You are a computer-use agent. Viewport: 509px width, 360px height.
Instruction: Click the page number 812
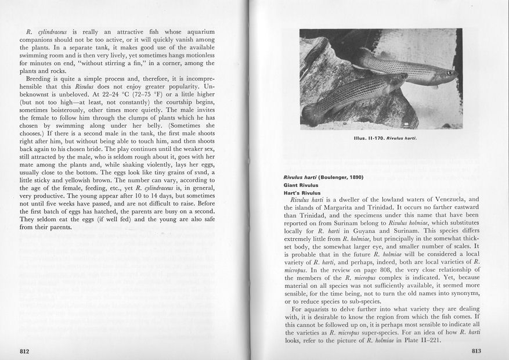(24, 351)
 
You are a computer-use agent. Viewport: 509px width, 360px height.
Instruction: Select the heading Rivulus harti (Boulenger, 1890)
(323, 177)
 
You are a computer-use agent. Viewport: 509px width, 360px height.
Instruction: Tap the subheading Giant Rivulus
(302, 186)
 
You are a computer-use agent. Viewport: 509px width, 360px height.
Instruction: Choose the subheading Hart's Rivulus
(302, 193)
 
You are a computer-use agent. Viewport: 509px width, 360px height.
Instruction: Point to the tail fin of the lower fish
(312, 113)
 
